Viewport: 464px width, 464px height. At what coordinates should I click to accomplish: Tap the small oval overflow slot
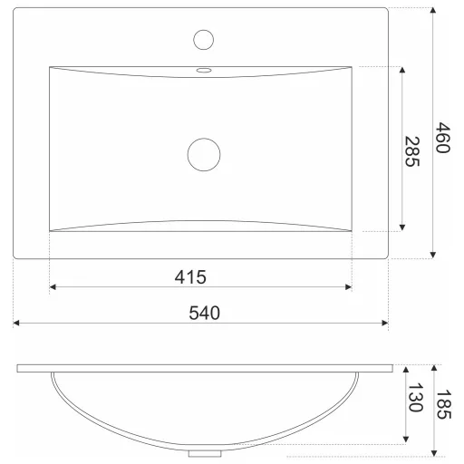[204, 71]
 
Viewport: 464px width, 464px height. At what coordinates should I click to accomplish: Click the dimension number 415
[190, 277]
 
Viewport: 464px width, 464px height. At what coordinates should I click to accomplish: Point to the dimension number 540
[205, 313]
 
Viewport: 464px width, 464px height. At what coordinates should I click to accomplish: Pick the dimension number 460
[443, 138]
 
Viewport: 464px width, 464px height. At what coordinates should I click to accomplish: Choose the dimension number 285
[412, 151]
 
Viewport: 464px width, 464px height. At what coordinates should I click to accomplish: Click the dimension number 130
[416, 398]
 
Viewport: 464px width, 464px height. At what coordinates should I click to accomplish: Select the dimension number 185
[444, 404]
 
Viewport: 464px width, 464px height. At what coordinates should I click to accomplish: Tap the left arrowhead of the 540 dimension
[16, 324]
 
